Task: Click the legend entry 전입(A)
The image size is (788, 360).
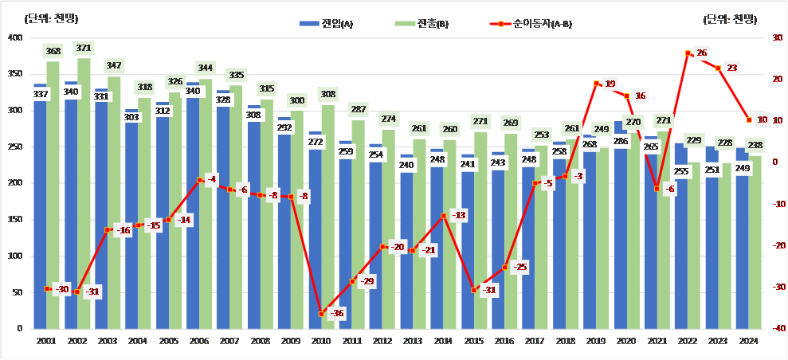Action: point(327,24)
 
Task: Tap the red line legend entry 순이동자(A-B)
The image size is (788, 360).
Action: point(531,24)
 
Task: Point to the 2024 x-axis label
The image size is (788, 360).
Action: point(747,341)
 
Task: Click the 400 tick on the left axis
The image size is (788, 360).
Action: point(15,37)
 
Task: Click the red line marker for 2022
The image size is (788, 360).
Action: point(688,53)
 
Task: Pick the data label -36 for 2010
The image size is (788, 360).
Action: point(337,314)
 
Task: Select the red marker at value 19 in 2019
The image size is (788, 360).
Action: point(595,83)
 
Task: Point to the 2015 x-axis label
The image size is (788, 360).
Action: point(474,341)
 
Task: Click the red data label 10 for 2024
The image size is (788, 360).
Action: point(762,120)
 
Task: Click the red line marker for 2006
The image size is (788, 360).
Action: point(199,181)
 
